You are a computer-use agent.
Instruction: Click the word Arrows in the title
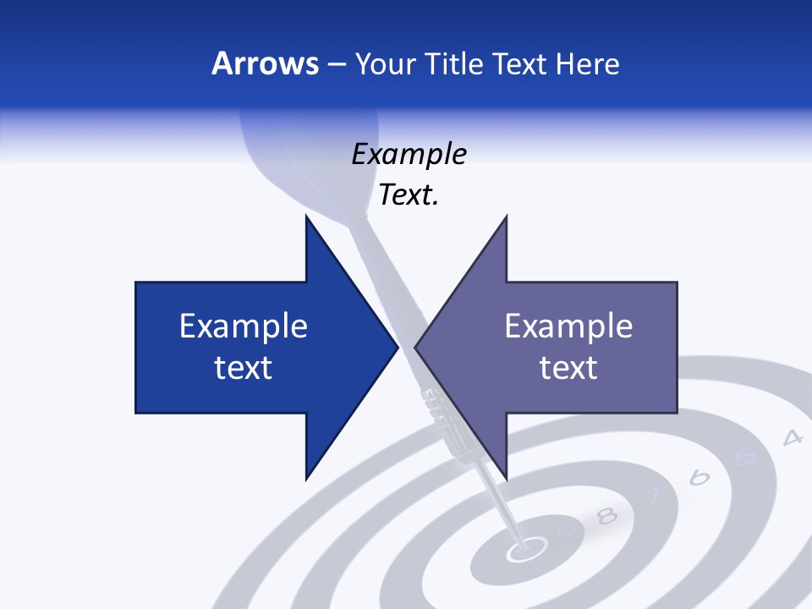coord(265,63)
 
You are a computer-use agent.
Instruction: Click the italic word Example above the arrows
coord(409,154)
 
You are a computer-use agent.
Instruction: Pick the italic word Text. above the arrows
coord(409,195)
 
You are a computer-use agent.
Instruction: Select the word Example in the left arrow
coord(244,326)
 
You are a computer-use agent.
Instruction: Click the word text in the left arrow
coord(244,368)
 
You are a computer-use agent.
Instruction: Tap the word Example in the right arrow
coord(568,326)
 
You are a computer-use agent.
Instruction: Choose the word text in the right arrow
coord(568,368)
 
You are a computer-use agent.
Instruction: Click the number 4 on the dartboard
coord(792,438)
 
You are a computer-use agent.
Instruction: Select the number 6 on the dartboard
coord(699,478)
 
